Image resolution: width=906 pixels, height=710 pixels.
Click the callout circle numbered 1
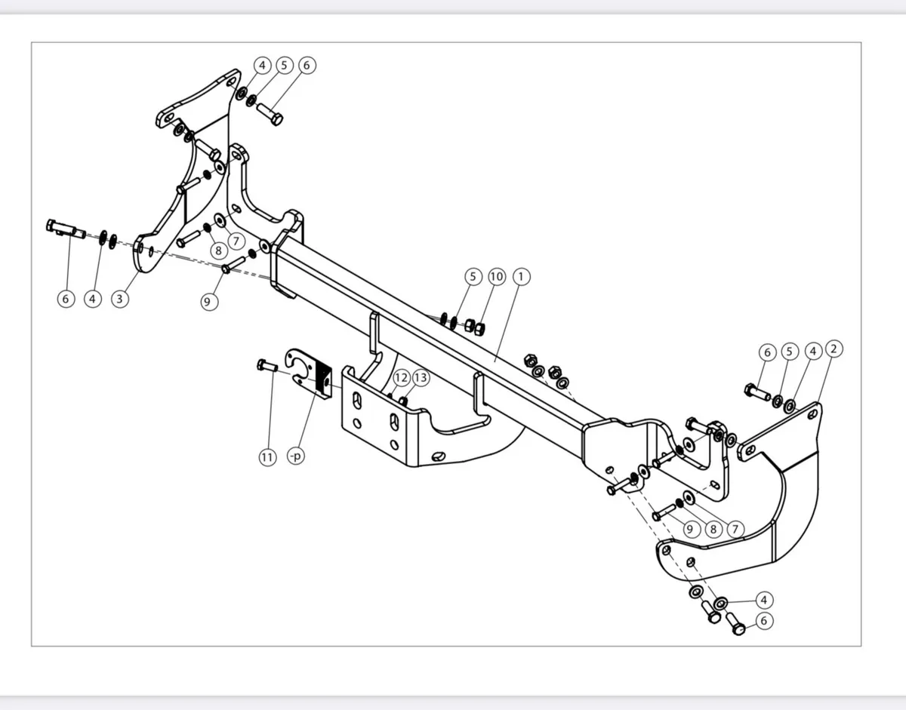[x=520, y=277]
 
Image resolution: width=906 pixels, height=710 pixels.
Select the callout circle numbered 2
[x=834, y=349]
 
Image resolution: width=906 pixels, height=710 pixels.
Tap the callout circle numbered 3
[x=119, y=299]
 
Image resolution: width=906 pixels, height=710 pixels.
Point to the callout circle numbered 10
[x=496, y=277]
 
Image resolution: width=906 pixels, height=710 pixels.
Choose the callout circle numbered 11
[x=267, y=457]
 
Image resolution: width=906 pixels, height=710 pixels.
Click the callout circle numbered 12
[x=401, y=377]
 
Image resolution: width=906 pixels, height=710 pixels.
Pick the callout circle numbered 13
[x=421, y=377]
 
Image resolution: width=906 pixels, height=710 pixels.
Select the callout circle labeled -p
[x=295, y=457]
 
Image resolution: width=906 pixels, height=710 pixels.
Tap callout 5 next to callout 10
[x=473, y=277]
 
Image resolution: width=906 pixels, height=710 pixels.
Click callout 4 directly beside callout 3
[x=92, y=299]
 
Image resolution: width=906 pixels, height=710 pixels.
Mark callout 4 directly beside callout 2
[x=812, y=351]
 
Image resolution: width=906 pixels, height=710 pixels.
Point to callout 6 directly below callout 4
[x=764, y=621]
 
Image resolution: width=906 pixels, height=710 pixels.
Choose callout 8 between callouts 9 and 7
[x=712, y=528]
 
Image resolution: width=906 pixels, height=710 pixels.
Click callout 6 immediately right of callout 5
[x=306, y=65]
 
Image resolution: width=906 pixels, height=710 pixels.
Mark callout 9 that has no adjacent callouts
[x=210, y=301]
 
